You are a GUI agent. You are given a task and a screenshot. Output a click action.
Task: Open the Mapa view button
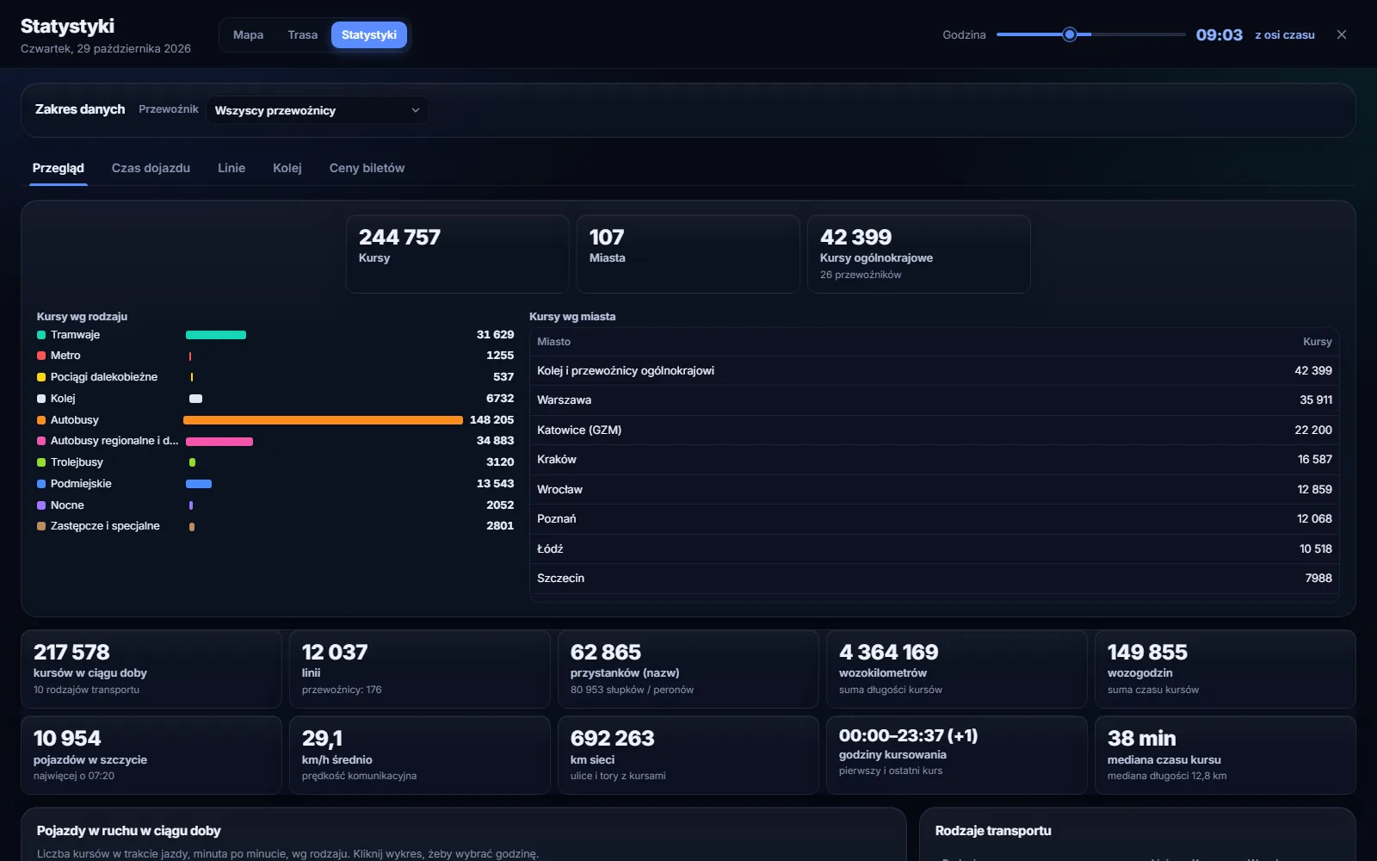249,35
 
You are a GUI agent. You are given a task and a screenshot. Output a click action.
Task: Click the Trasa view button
302,35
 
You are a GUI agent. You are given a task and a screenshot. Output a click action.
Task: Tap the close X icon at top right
1342,34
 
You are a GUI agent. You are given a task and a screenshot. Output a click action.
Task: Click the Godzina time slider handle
1070,34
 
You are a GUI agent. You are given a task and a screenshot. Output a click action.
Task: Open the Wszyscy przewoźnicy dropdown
318,111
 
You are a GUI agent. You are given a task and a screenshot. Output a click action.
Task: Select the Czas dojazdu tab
151,168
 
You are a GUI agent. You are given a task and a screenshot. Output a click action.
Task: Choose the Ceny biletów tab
367,168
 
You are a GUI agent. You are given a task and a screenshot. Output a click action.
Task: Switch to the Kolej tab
287,168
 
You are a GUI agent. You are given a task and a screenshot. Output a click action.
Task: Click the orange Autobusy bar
323,420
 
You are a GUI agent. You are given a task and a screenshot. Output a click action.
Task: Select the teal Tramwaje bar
216,335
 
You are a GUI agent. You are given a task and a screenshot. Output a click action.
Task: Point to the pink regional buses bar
219,442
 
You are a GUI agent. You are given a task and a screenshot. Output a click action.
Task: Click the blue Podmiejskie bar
199,484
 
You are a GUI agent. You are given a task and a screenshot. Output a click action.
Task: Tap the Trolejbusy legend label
77,461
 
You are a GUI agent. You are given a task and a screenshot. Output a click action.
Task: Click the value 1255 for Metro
500,356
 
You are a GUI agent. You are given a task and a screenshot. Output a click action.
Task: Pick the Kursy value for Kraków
1315,460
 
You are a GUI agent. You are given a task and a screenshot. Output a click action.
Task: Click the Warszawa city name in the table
565,400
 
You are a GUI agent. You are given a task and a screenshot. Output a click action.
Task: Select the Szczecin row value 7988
1318,578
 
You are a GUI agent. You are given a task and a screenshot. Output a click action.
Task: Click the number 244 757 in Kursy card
399,238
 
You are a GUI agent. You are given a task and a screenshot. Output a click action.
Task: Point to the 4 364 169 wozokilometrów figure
889,652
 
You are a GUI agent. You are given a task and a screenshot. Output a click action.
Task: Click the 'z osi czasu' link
1285,35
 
